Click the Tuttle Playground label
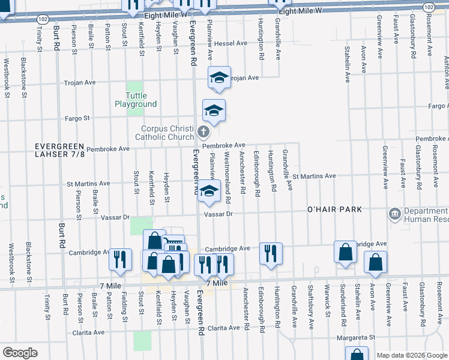(136, 100)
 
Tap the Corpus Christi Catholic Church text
(167, 133)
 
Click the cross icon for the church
(203, 131)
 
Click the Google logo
(20, 353)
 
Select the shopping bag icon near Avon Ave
(375, 262)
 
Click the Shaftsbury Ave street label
(312, 299)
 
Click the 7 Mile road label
(217, 283)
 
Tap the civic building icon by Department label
(394, 214)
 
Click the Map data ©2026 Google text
(410, 355)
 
